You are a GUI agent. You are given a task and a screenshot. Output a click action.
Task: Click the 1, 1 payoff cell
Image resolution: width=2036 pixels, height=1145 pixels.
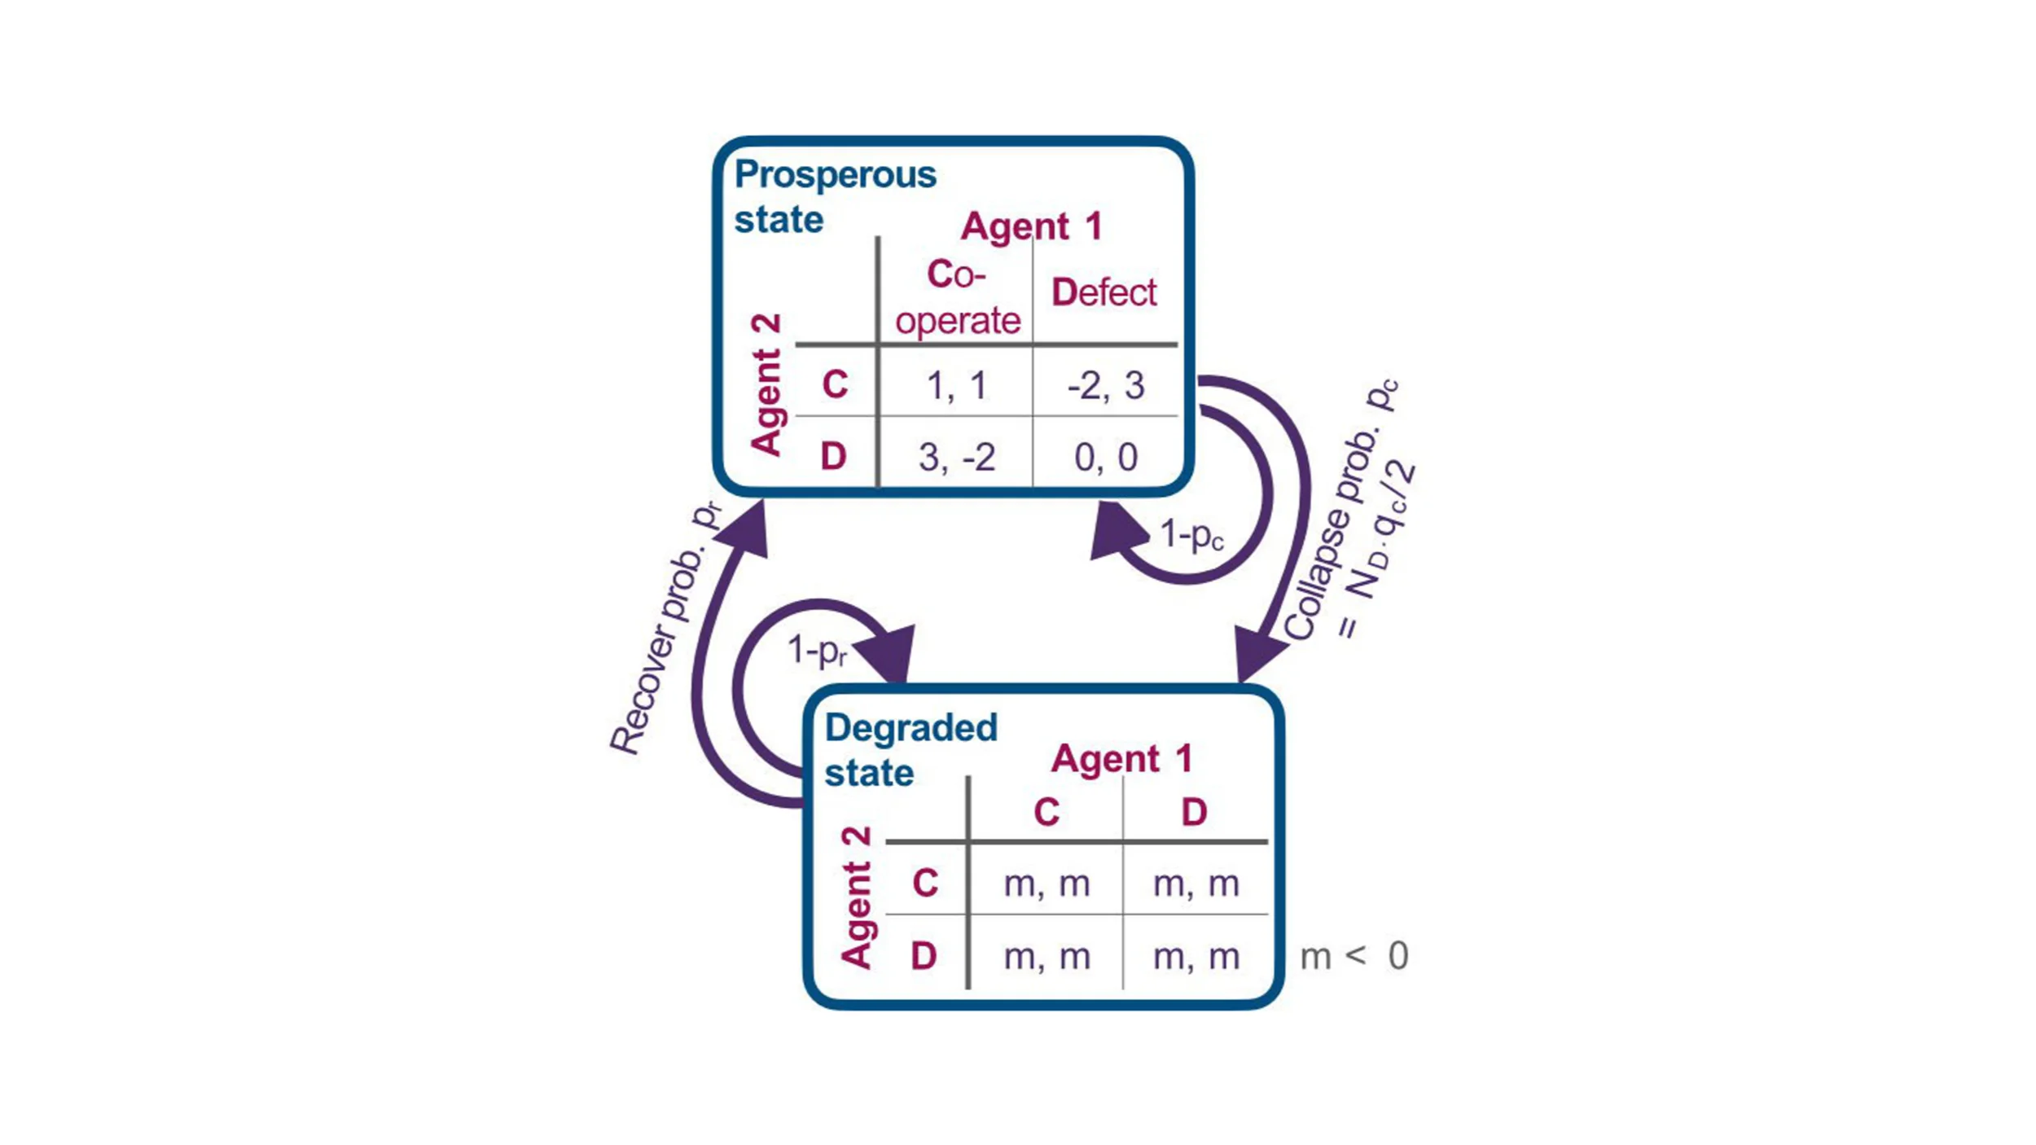956,385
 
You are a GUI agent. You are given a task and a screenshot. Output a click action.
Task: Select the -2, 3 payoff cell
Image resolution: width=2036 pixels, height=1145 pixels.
1105,385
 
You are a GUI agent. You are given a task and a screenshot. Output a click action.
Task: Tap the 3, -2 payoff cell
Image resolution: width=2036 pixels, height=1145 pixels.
956,457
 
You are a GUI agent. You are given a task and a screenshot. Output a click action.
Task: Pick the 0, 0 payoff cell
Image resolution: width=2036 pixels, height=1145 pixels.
1105,457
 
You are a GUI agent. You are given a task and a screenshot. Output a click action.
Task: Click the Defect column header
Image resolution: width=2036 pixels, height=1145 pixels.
1104,292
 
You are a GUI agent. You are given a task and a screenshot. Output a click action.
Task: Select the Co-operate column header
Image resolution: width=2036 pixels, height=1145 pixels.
957,297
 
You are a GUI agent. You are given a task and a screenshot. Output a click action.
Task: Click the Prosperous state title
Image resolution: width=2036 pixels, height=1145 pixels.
834,196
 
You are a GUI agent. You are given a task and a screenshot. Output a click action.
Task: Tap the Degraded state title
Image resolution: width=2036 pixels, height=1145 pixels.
910,749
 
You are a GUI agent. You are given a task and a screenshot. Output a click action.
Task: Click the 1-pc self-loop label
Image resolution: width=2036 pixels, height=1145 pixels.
1191,535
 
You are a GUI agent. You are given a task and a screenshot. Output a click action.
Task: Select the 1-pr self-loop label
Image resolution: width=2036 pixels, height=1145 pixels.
817,651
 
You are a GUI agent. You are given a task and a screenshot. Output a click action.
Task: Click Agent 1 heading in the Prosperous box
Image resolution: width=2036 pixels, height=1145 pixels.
1031,226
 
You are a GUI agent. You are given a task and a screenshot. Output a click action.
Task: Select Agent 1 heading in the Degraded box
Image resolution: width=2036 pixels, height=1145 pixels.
1121,759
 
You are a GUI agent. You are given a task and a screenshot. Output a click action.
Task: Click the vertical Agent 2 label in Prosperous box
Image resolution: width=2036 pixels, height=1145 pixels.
766,384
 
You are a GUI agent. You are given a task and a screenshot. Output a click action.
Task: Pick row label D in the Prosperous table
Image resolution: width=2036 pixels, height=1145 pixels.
833,457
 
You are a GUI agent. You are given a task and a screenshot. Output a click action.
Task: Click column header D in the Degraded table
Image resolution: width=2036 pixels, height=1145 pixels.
1194,812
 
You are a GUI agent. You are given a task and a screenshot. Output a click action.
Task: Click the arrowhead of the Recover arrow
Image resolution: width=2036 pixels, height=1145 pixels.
747,529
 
